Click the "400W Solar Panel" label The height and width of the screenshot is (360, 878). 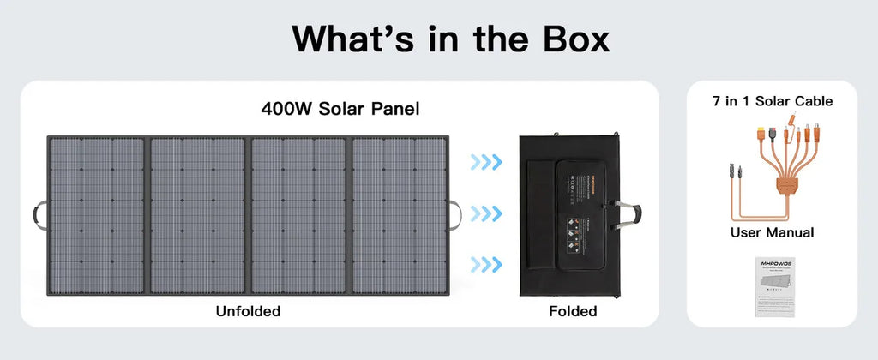(x=340, y=109)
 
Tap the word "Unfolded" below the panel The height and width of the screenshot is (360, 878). (x=248, y=310)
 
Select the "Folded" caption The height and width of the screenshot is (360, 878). (x=573, y=310)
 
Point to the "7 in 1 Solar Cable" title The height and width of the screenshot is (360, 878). (x=773, y=101)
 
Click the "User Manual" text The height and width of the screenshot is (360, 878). (x=772, y=232)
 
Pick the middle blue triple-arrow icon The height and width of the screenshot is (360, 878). (x=485, y=212)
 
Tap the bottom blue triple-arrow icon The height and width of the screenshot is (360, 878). (x=485, y=262)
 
